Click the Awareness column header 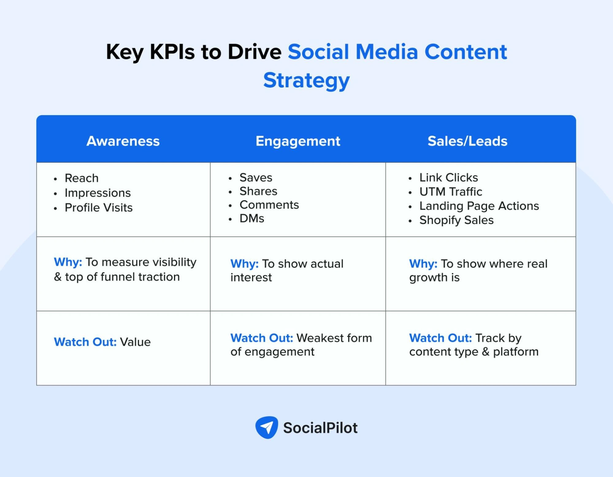click(123, 141)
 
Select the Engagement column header click(298, 141)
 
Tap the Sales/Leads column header click(467, 141)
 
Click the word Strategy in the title click(306, 80)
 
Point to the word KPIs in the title click(172, 52)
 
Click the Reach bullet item click(82, 178)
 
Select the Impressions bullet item click(98, 193)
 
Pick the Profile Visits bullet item click(98, 208)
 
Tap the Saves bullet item click(256, 178)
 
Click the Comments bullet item click(269, 205)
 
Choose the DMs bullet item click(252, 219)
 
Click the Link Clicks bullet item click(448, 178)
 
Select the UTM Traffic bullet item click(450, 192)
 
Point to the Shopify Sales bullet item click(456, 220)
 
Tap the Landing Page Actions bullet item click(479, 206)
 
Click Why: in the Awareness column click(68, 262)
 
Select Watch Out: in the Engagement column click(262, 338)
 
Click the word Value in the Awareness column click(135, 342)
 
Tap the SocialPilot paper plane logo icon click(266, 427)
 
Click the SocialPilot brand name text click(320, 428)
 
